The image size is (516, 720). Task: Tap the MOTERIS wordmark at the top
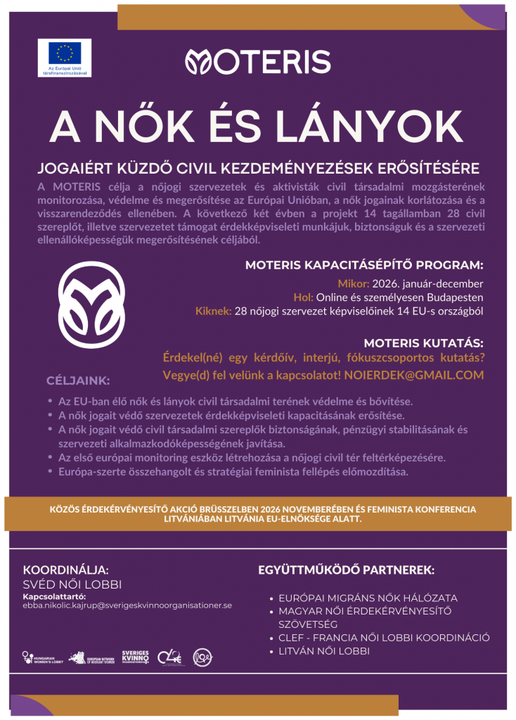tap(257, 62)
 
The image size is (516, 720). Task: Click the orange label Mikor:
tap(353, 284)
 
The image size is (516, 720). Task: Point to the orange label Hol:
tap(304, 297)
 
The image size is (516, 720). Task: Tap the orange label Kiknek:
tap(214, 310)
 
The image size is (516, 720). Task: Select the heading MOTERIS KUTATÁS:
tap(423, 343)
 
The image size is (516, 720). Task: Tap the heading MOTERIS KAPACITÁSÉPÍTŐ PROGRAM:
tap(364, 266)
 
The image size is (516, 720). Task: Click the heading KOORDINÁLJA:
tap(66, 570)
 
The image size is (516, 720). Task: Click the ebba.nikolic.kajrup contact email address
tap(128, 605)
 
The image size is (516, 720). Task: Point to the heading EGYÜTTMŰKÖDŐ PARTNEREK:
tap(347, 570)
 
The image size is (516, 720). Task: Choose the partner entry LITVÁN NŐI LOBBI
tap(324, 651)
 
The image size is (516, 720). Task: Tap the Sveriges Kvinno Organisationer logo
tap(135, 657)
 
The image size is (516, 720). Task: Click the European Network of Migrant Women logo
tap(91, 657)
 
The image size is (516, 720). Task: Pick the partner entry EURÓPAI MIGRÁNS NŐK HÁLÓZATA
tap(368, 598)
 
